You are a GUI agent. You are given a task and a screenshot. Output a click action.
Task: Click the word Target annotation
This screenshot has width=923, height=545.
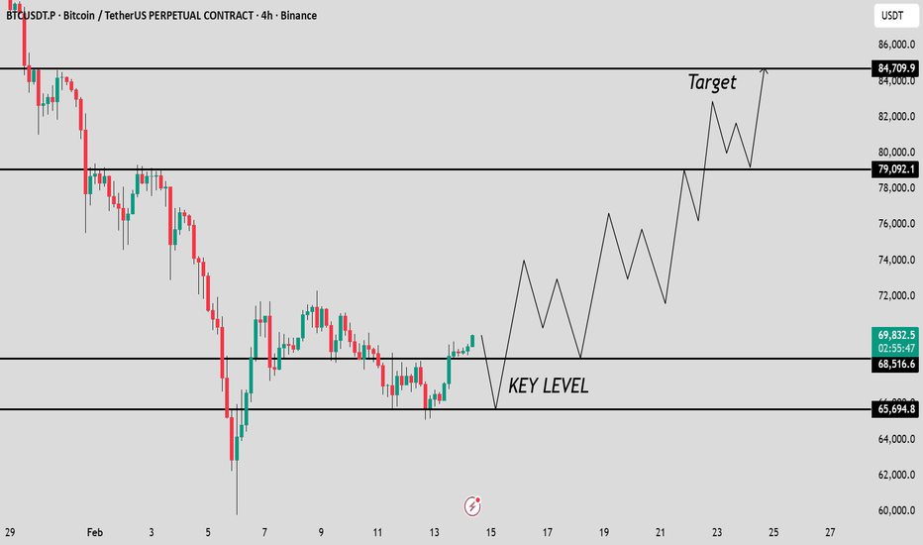click(712, 82)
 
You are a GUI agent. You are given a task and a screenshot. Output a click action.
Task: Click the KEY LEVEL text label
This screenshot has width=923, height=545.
click(548, 386)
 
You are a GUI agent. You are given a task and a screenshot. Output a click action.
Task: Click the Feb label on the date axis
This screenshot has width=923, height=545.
click(95, 531)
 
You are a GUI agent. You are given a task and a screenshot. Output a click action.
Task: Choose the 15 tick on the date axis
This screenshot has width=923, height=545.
click(491, 531)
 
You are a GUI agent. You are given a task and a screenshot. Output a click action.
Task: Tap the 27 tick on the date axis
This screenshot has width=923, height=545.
click(830, 531)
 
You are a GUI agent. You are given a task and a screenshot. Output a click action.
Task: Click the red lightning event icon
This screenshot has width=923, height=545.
click(473, 506)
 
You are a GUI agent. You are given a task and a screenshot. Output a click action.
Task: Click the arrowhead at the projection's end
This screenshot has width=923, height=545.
click(764, 69)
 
